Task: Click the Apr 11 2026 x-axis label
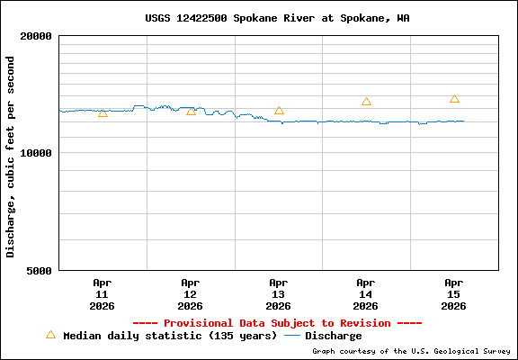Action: pos(102,293)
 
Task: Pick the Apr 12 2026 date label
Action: pos(190,293)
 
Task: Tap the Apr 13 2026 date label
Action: pos(278,293)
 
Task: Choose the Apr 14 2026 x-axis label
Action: pos(366,293)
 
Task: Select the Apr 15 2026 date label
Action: pos(454,293)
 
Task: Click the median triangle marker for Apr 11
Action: pos(103,112)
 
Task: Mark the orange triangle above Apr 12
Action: pos(191,111)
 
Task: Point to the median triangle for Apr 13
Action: pos(279,110)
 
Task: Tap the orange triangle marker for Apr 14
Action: pos(366,102)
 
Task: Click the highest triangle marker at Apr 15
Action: pos(454,99)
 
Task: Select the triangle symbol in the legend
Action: pos(50,335)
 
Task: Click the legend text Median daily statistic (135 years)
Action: pos(170,336)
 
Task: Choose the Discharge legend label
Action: pos(333,336)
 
